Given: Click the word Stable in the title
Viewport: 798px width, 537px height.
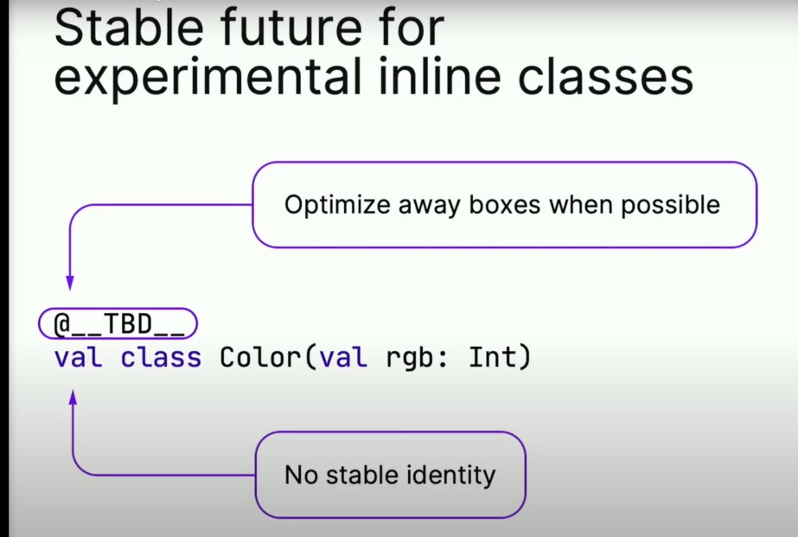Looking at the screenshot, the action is [129, 27].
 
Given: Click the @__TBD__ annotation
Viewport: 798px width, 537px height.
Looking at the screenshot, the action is [118, 323].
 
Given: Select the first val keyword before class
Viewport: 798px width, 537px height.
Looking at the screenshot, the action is [79, 357].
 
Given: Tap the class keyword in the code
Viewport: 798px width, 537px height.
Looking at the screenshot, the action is [161, 356].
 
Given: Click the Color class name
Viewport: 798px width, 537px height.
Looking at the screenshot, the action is [260, 356].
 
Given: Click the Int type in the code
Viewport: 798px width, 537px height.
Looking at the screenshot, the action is [493, 356].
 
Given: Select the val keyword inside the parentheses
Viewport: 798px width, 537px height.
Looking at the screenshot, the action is [343, 357].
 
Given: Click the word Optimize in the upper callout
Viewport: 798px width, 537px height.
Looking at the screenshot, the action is [337, 206].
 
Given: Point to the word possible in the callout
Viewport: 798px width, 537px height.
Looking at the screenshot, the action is [670, 206].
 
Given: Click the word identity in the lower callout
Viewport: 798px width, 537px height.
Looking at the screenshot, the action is [451, 476].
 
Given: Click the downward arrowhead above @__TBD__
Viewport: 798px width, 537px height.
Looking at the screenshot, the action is [70, 283].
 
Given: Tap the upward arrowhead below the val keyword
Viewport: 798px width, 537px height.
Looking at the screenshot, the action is [73, 398].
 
